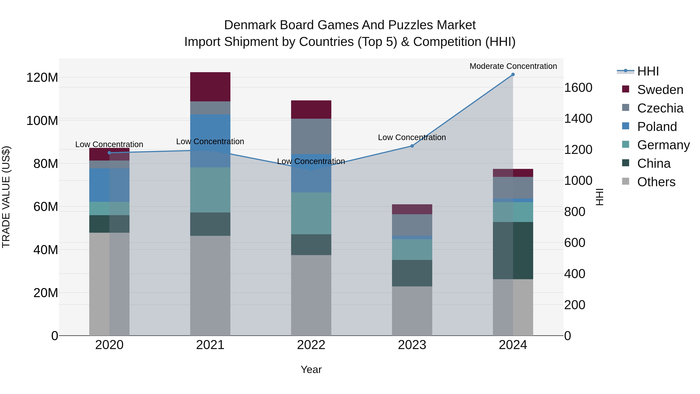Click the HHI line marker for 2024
[513, 75]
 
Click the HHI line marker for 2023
[412, 146]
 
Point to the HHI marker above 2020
[109, 153]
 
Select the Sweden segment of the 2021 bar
[210, 87]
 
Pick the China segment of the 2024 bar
[513, 250]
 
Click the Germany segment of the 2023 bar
[412, 249]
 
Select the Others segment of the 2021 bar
[210, 285]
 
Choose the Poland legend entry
[656, 127]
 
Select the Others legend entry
[656, 182]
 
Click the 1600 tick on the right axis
[578, 88]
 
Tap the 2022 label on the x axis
[311, 345]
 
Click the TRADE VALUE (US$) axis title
[6, 197]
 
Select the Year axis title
[311, 369]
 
